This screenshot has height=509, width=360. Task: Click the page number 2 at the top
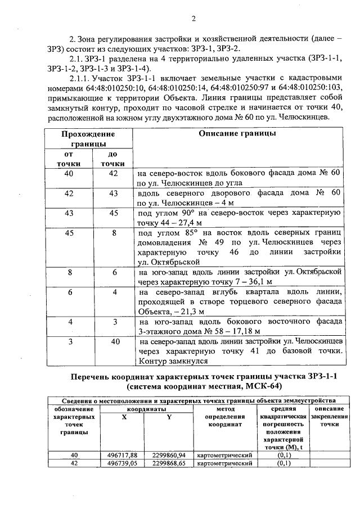click(192, 18)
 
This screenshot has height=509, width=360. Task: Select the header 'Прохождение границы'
click(88, 139)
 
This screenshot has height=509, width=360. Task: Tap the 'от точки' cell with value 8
click(69, 272)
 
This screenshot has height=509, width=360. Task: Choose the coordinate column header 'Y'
click(169, 417)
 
